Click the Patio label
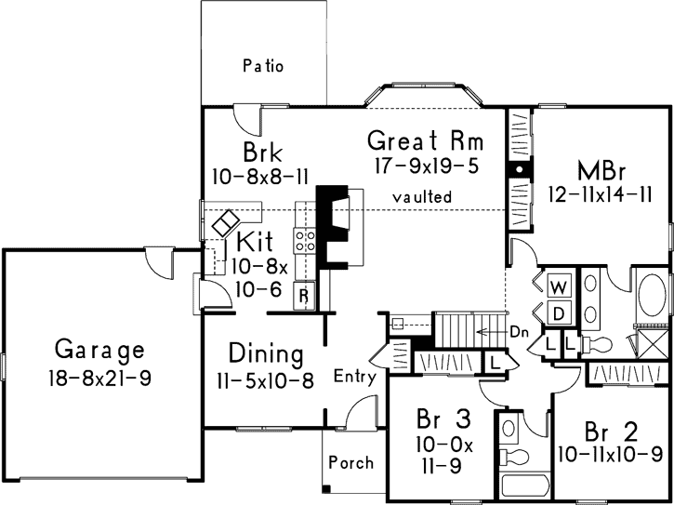point(262,66)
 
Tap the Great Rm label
point(427,141)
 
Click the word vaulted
point(421,197)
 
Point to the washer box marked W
point(559,285)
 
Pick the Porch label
point(351,462)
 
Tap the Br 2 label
point(611,432)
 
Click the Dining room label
point(267,354)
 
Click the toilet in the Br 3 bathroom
point(513,457)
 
